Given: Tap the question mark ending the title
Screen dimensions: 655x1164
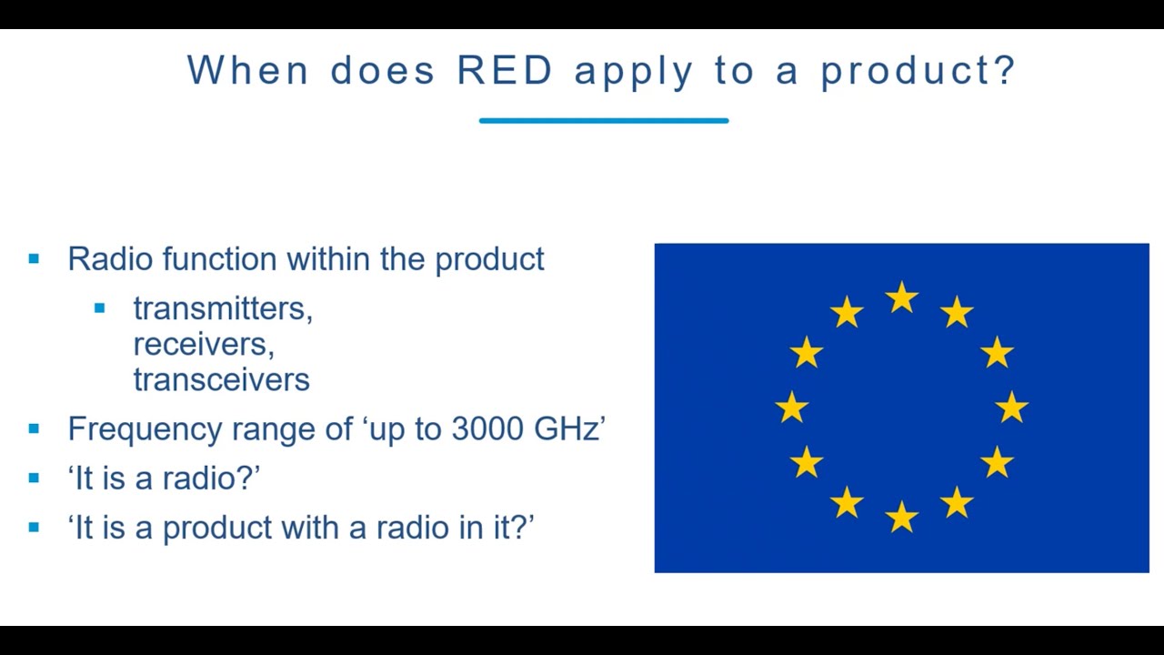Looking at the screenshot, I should pyautogui.click(x=1005, y=70).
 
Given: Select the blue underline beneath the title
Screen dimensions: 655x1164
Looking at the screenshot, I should pyautogui.click(x=603, y=120).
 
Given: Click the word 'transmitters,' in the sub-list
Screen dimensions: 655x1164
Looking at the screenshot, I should pyautogui.click(x=223, y=309).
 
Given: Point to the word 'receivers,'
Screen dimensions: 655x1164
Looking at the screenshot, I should pyautogui.click(x=204, y=344).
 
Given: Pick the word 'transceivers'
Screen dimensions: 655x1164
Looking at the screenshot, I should pyautogui.click(x=221, y=379).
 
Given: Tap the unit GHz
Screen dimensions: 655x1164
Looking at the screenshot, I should pyautogui.click(x=565, y=428).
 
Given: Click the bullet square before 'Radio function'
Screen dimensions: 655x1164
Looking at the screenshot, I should pyautogui.click(x=35, y=259).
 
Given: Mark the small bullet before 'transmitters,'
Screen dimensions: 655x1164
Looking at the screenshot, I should pyautogui.click(x=100, y=308).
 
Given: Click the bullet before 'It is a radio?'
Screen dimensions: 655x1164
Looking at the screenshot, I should pyautogui.click(x=35, y=478).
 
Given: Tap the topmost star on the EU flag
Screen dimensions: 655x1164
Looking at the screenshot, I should pyautogui.click(x=901, y=297).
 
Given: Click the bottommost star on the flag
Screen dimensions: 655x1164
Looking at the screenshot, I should pyautogui.click(x=901, y=517).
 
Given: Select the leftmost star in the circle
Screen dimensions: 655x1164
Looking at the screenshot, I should pyautogui.click(x=792, y=408).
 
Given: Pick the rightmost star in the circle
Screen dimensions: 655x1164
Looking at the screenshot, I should pyautogui.click(x=1011, y=408).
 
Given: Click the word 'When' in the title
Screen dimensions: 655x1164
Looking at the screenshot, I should pyautogui.click(x=248, y=70).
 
